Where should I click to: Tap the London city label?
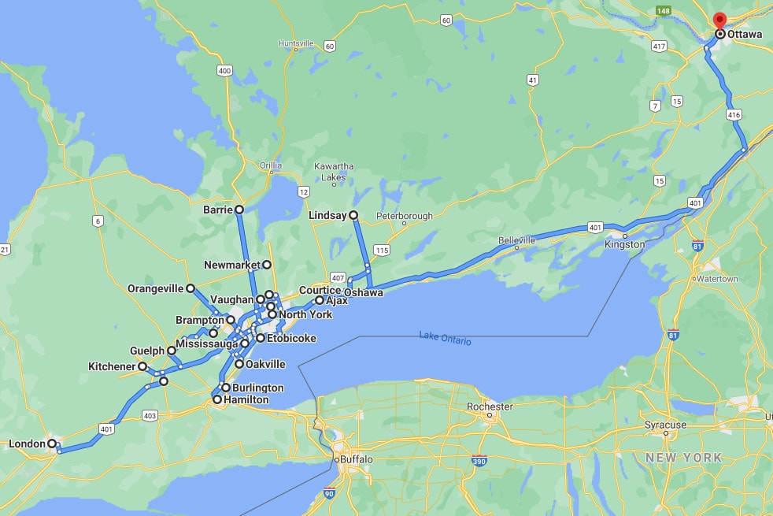coord(27,444)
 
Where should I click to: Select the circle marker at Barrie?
coord(239,210)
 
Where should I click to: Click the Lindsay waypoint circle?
coord(353,214)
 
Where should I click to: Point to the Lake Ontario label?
coord(446,340)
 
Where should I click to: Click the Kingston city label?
coord(624,245)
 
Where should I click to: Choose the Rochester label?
coord(490,406)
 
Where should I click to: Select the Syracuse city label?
coord(665,425)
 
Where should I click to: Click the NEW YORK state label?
coord(683,458)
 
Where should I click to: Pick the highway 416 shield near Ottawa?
coord(734,115)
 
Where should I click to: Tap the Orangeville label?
coord(155,289)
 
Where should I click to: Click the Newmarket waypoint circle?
coord(267,265)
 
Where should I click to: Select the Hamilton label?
coord(246,400)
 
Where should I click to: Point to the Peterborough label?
coord(405,215)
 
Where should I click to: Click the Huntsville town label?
coord(296,43)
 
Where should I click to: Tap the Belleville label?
coord(516,239)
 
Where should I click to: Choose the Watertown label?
coord(716,279)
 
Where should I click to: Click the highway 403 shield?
coord(150,415)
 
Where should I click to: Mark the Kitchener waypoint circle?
coord(142,366)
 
